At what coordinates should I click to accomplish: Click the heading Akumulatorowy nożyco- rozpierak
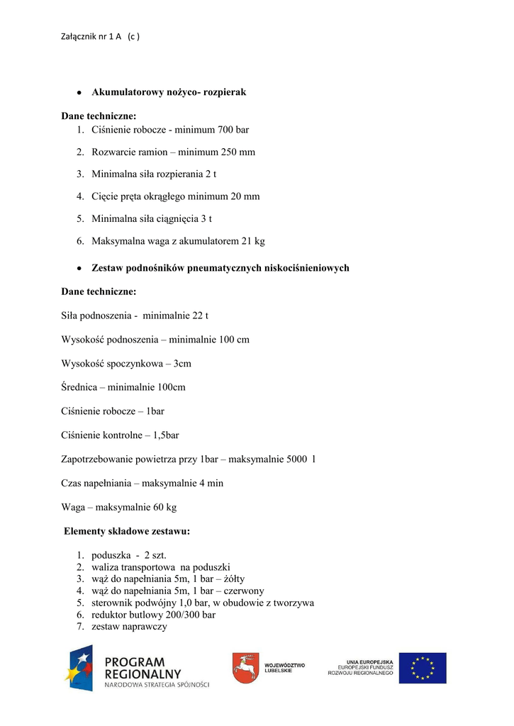(169, 92)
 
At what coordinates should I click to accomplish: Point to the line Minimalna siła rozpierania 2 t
(154, 174)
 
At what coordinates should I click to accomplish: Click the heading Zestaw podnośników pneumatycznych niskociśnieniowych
(220, 268)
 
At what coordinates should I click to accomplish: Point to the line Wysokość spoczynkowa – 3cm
(126, 364)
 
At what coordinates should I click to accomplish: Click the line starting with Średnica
(123, 387)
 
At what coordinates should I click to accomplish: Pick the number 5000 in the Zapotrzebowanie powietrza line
(297, 459)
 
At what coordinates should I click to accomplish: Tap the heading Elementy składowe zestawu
(127, 531)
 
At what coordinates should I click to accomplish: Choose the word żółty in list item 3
(230, 579)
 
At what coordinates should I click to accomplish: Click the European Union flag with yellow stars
(422, 668)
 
